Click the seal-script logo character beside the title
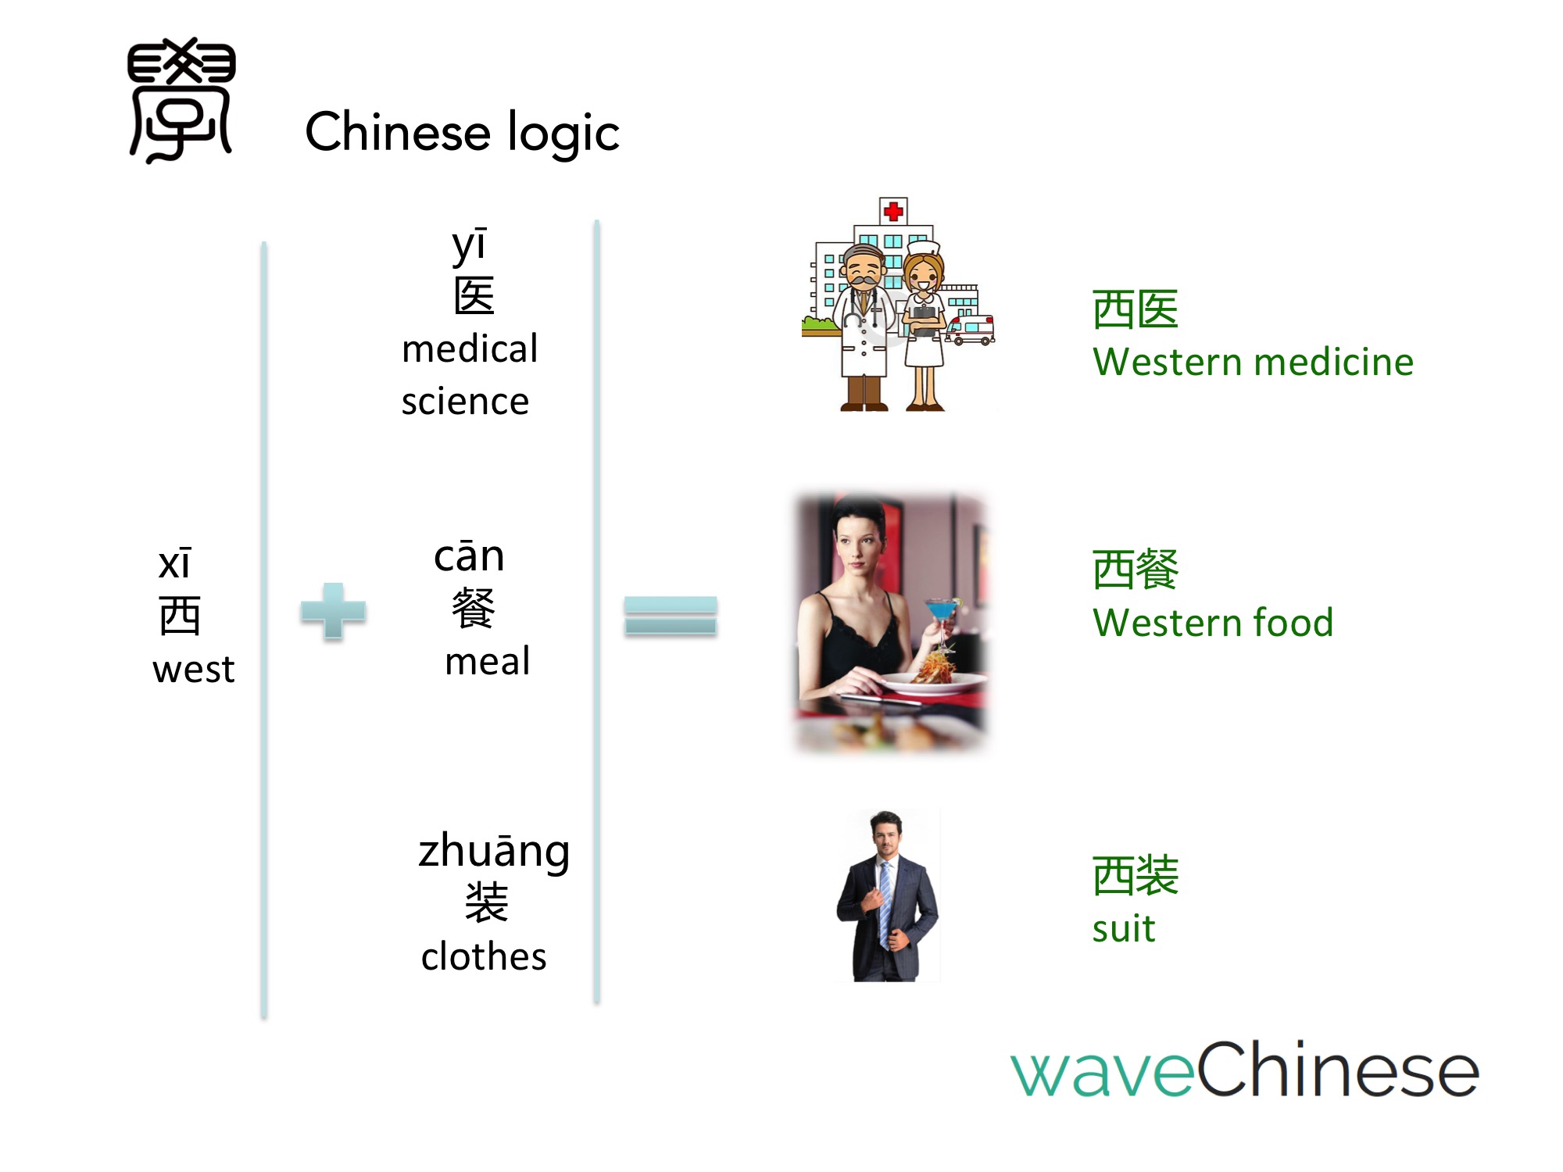click(181, 100)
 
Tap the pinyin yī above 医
click(470, 245)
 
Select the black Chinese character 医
click(474, 295)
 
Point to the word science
click(465, 402)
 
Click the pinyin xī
click(174, 563)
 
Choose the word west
click(193, 670)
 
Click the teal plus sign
click(333, 611)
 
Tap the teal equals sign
click(671, 615)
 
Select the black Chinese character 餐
click(474, 608)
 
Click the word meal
click(487, 661)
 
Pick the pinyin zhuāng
click(494, 852)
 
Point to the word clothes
click(484, 956)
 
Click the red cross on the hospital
click(893, 210)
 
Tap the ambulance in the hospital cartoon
click(970, 330)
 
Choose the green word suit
click(1123, 929)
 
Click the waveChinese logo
click(1245, 1068)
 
